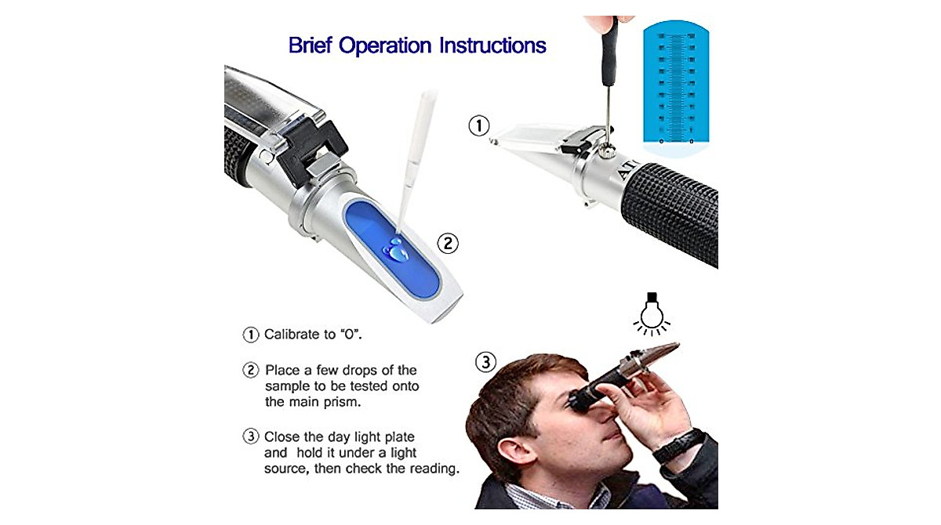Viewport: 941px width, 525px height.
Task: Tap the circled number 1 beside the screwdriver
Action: [x=478, y=125]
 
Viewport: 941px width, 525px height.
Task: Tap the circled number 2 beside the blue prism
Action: [x=447, y=243]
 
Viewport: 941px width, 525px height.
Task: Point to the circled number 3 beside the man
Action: [x=486, y=362]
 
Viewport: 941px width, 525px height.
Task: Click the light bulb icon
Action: [x=649, y=312]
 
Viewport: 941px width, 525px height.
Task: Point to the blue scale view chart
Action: [x=675, y=86]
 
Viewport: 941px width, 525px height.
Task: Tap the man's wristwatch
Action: [x=679, y=445]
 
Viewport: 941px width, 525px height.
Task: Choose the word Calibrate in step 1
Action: [x=291, y=335]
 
